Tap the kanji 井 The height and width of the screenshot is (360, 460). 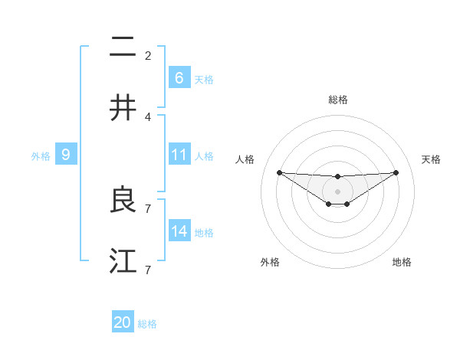pyautogui.click(x=123, y=108)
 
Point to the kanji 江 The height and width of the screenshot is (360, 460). pyautogui.click(x=123, y=260)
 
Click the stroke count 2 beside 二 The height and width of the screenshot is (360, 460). pyautogui.click(x=148, y=56)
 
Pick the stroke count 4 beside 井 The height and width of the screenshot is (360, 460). pyautogui.click(x=148, y=116)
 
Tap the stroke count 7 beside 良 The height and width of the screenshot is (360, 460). pyautogui.click(x=148, y=208)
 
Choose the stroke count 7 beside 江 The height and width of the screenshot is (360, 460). pyautogui.click(x=148, y=270)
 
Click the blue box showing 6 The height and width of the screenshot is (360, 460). pyautogui.click(x=179, y=77)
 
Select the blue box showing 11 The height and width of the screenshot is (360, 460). pyautogui.click(x=179, y=155)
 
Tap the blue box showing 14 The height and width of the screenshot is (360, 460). pyautogui.click(x=179, y=231)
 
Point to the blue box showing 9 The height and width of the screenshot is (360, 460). pyautogui.click(x=66, y=155)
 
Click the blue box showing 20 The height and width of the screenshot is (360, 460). pyautogui.click(x=123, y=322)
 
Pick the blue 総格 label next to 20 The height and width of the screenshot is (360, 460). pyautogui.click(x=147, y=324)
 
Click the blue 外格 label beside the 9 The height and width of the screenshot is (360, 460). pyautogui.click(x=41, y=156)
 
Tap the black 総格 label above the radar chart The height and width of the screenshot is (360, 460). pyautogui.click(x=337, y=100)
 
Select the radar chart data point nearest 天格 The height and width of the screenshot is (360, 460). pyautogui.click(x=396, y=172)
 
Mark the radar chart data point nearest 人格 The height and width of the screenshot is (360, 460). pyautogui.click(x=279, y=172)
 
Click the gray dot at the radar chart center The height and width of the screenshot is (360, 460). pyautogui.click(x=337, y=191)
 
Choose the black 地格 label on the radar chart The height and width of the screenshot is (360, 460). pyautogui.click(x=402, y=263)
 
